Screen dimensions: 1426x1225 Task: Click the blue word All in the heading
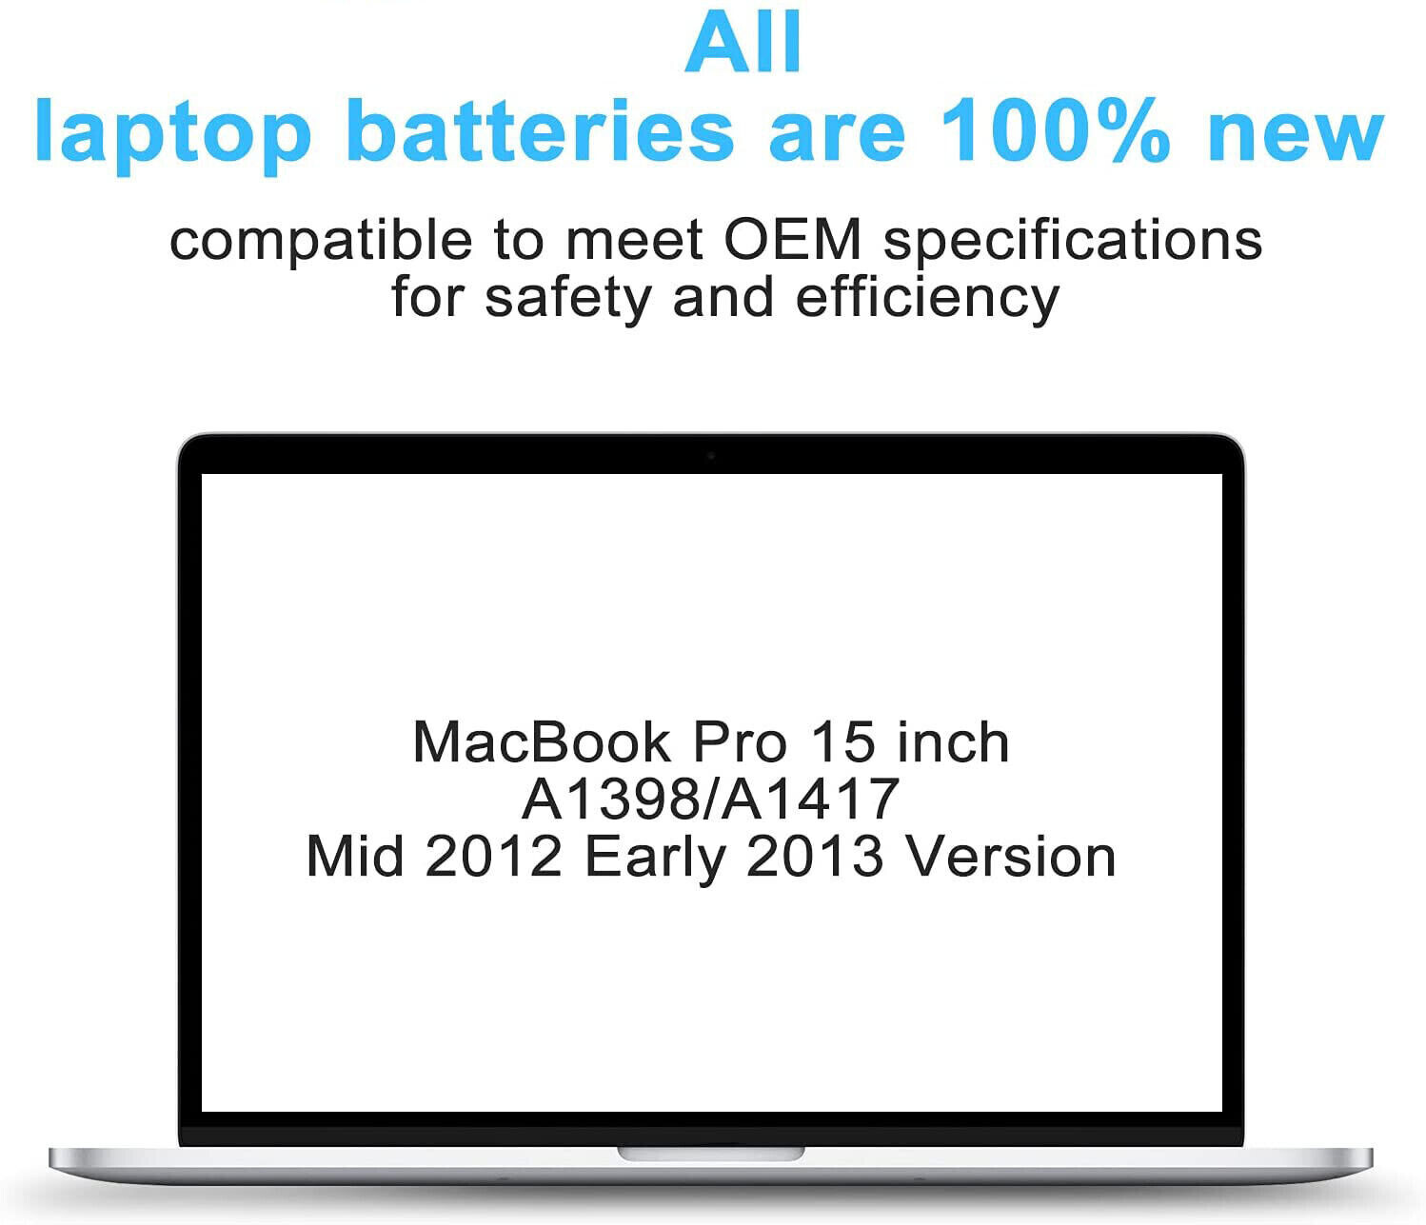click(x=743, y=42)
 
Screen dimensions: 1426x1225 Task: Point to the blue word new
click(x=1297, y=138)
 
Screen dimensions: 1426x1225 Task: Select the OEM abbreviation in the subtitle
click(x=793, y=239)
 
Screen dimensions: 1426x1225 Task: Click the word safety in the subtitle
click(x=567, y=300)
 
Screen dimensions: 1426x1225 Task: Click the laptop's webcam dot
click(x=711, y=456)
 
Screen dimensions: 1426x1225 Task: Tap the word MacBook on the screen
click(x=542, y=742)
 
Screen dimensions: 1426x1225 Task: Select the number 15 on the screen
click(x=842, y=742)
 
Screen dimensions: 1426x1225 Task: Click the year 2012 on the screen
click(x=492, y=856)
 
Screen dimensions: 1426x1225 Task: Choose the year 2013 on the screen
click(x=814, y=856)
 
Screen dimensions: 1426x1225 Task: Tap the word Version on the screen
click(x=1011, y=856)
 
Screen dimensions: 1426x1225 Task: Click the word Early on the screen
click(x=654, y=860)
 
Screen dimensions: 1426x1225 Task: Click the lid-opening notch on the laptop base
click(x=711, y=1154)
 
